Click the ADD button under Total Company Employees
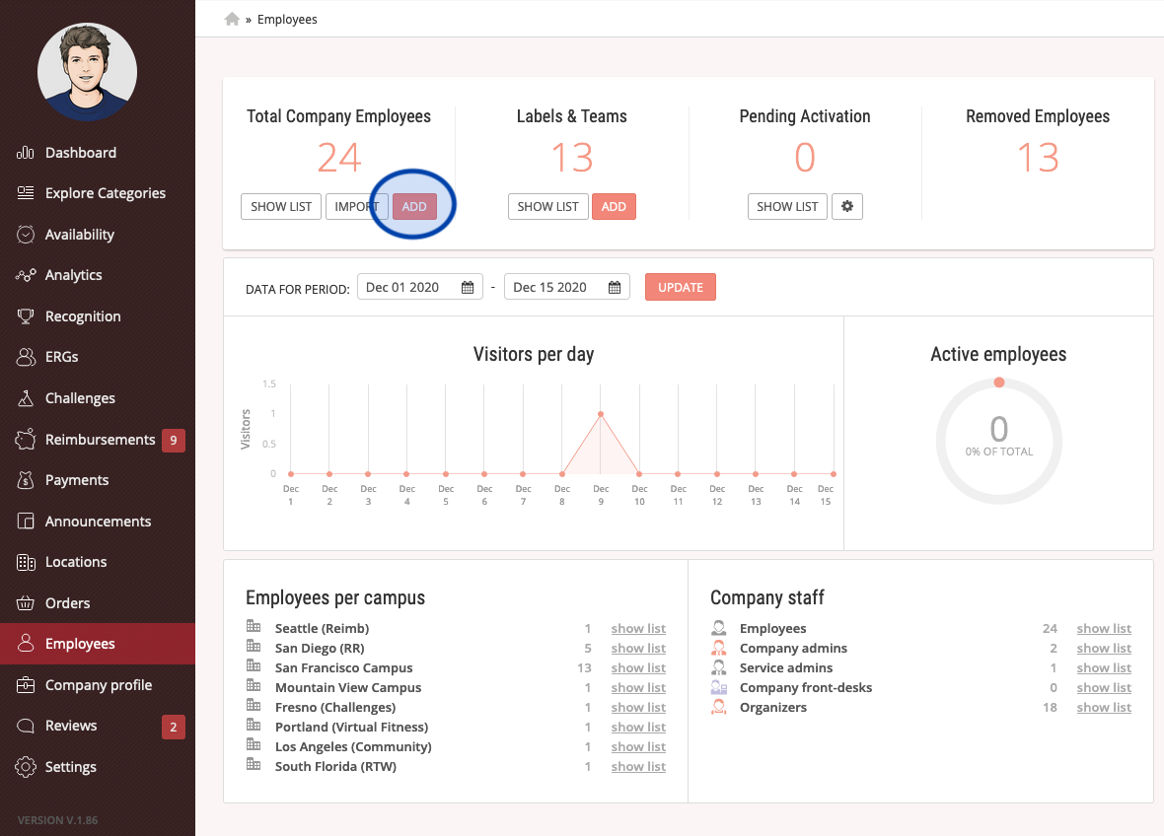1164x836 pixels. [x=414, y=206]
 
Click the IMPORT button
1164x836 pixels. [x=356, y=206]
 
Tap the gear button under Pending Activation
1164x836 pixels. [x=847, y=206]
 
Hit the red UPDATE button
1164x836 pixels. [x=680, y=287]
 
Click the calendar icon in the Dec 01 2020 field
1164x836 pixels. [x=467, y=287]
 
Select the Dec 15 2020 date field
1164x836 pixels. [x=566, y=287]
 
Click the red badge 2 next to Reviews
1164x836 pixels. [x=173, y=727]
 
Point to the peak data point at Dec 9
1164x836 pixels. [x=601, y=414]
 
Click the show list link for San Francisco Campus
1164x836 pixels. [x=638, y=667]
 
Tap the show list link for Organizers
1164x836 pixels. [x=1104, y=707]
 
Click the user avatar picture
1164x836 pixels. [x=88, y=72]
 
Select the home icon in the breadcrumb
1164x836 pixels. [x=232, y=20]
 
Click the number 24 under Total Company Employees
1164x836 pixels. [x=339, y=158]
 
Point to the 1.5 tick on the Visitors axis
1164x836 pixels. [x=268, y=383]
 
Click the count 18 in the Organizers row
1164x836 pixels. [x=1050, y=707]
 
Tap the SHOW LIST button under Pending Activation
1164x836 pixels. [x=787, y=206]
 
